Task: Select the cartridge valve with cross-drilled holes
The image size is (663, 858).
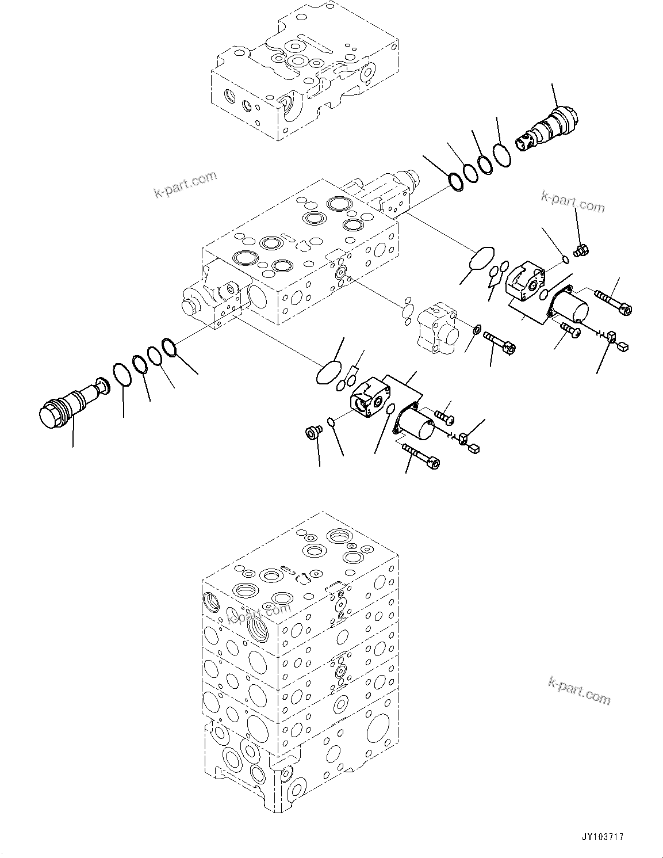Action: (x=548, y=128)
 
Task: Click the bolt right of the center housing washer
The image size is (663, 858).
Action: (x=500, y=342)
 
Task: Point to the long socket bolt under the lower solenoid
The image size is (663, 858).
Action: (x=421, y=456)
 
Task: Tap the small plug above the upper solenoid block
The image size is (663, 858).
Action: (x=580, y=250)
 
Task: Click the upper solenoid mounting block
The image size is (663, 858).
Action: (x=525, y=282)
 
